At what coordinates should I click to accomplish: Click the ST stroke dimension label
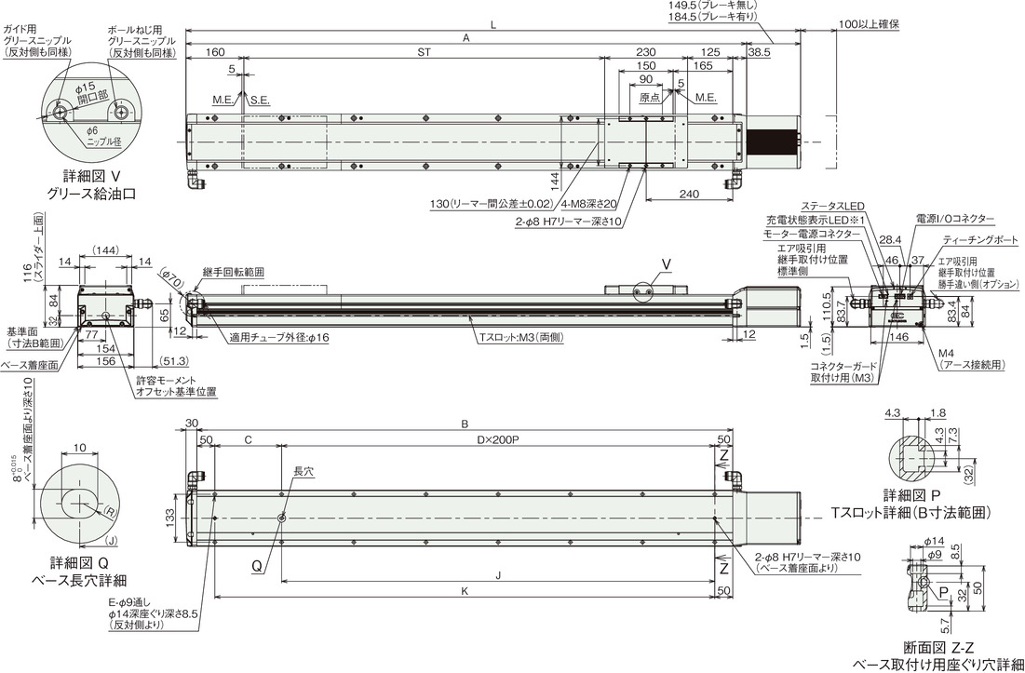click(x=425, y=53)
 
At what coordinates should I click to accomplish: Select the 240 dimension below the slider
click(x=689, y=194)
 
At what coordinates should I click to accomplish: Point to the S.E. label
click(x=260, y=101)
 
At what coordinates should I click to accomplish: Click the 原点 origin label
click(x=649, y=97)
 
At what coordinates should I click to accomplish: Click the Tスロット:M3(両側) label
click(x=522, y=338)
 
